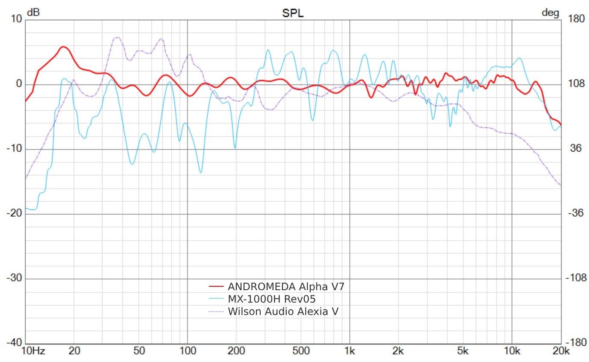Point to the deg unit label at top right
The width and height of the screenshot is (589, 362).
click(x=550, y=13)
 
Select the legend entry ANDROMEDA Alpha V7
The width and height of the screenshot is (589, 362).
click(x=286, y=286)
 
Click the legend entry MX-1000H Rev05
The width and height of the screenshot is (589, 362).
click(x=271, y=298)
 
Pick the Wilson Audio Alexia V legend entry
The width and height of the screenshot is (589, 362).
click(x=283, y=311)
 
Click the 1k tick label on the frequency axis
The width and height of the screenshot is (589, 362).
click(x=350, y=352)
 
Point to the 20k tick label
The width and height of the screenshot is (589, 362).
click(x=561, y=352)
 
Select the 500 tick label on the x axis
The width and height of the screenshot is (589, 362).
click(x=301, y=352)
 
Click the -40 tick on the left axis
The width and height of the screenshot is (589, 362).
click(x=14, y=343)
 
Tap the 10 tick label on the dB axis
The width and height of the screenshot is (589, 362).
click(x=17, y=20)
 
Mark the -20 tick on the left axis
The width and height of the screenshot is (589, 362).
click(x=14, y=214)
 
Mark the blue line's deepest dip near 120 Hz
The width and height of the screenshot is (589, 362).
click(x=200, y=172)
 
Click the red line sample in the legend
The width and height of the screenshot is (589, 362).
click(x=216, y=286)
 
